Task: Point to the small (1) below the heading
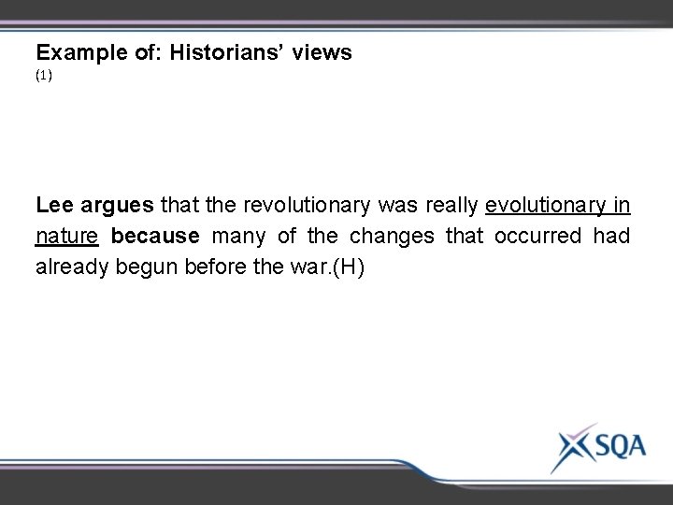pos(44,78)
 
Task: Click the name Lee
pos(53,204)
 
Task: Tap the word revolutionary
pos(305,204)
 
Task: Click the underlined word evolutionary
pos(548,204)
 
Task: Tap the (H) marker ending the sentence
pos(348,266)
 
